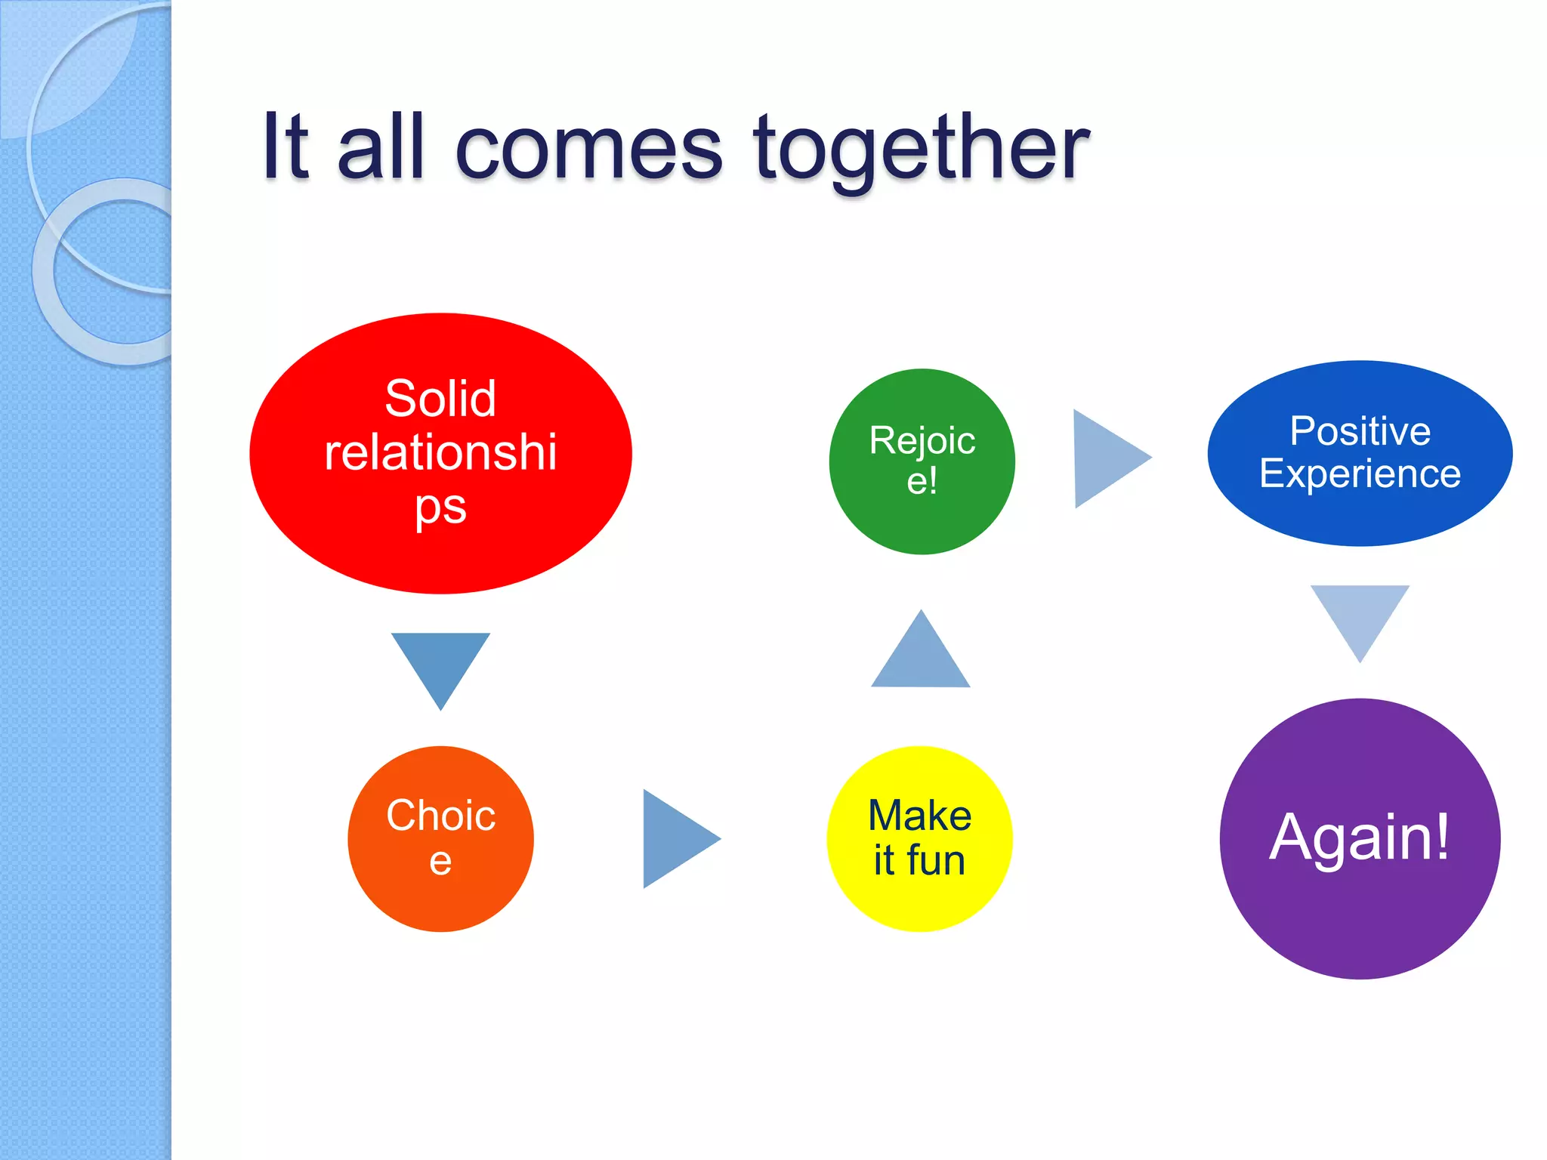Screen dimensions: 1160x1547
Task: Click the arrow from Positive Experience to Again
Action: click(1360, 615)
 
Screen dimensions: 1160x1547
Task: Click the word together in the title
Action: click(921, 148)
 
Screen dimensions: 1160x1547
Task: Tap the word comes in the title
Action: click(588, 148)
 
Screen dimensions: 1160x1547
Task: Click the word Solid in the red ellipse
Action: click(440, 398)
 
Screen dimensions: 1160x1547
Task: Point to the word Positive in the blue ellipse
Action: click(1360, 431)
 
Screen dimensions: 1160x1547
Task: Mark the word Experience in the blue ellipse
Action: click(1360, 474)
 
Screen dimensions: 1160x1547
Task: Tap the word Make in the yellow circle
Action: click(919, 816)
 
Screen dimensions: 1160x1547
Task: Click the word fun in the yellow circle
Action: click(936, 860)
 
